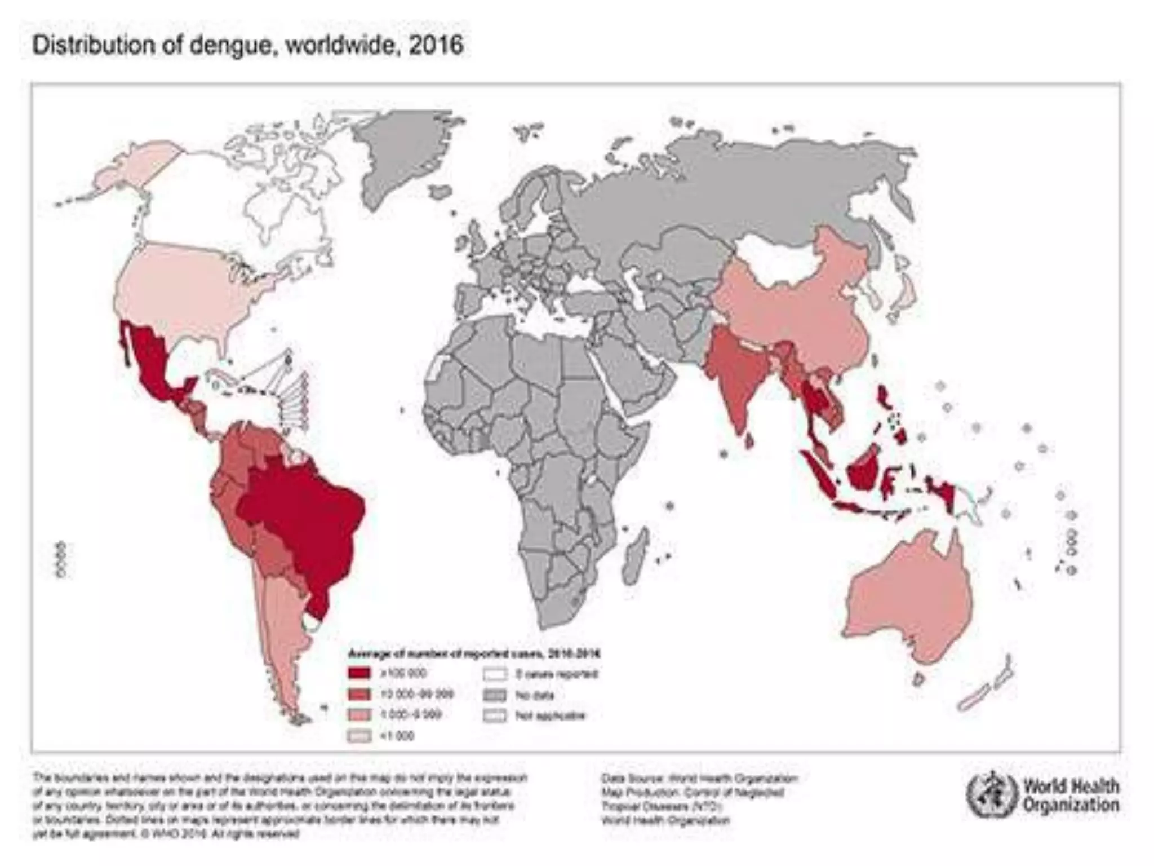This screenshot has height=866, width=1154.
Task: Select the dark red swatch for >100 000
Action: tap(359, 673)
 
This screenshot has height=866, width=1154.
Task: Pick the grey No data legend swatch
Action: tap(496, 695)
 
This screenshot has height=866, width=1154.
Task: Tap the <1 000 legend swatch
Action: tap(359, 736)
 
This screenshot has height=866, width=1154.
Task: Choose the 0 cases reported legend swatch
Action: tap(496, 674)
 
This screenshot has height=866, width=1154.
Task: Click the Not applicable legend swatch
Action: tap(496, 715)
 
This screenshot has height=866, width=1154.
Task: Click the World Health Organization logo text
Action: tap(1071, 795)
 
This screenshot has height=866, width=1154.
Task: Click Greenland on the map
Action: tap(406, 152)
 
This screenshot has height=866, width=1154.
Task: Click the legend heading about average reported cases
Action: tap(473, 654)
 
